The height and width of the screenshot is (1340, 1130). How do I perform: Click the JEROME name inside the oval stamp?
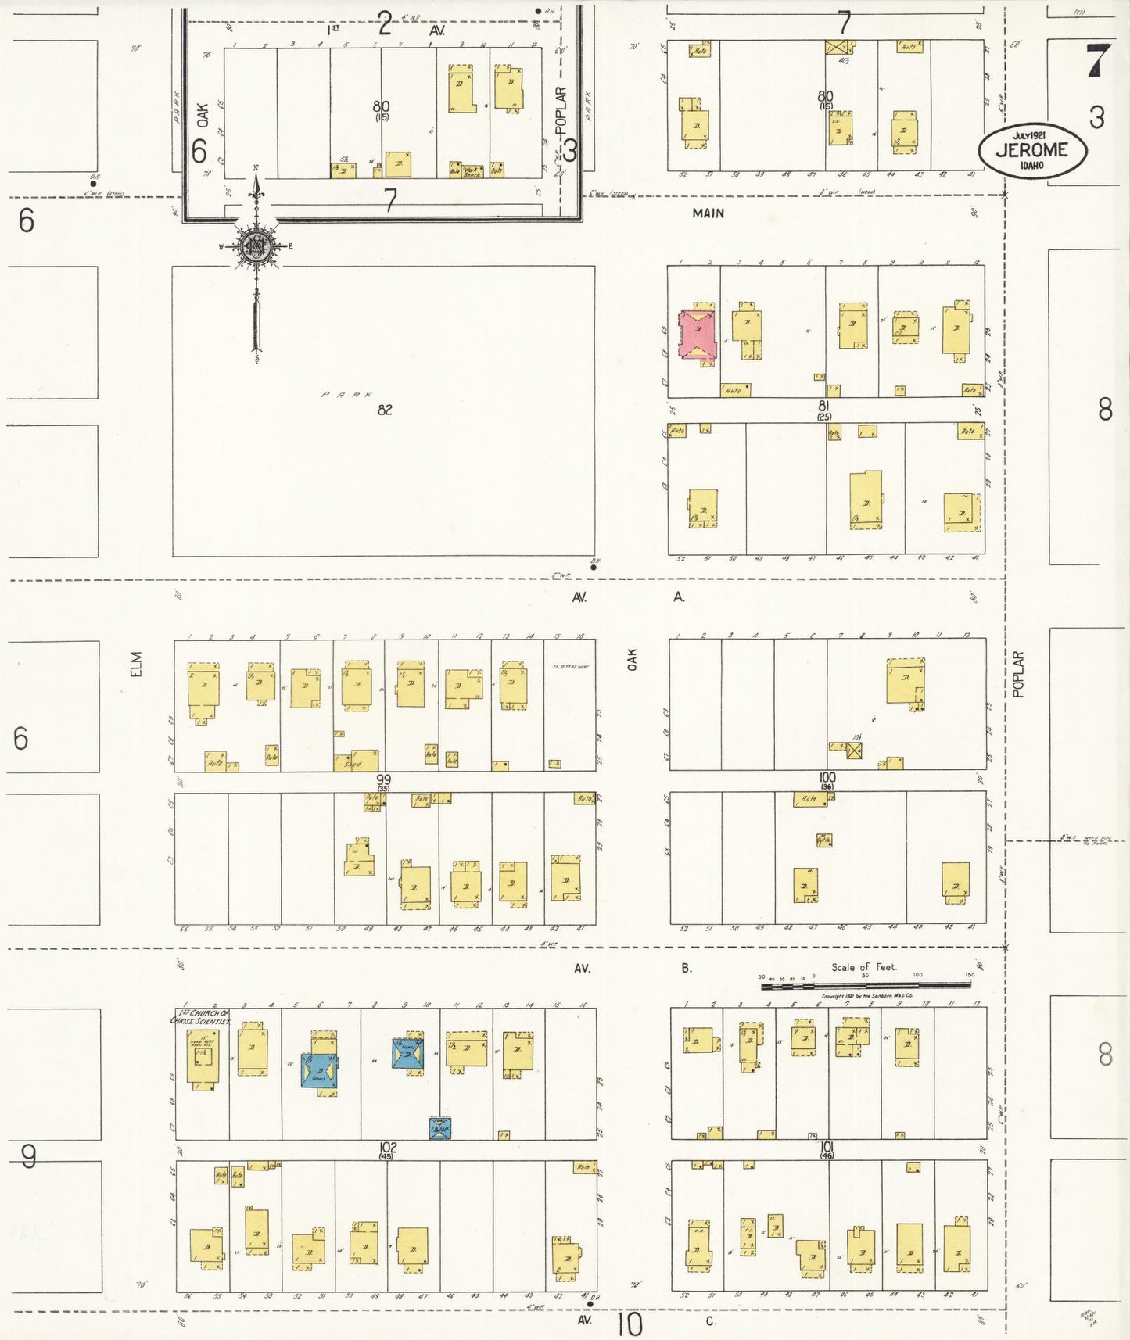[x=1031, y=150]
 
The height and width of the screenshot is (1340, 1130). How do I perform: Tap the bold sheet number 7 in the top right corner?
[x=1098, y=61]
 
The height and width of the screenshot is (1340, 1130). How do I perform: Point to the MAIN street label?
[x=708, y=213]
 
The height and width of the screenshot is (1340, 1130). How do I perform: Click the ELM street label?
[x=137, y=664]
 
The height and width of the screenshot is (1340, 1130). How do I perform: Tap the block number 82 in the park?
[x=385, y=410]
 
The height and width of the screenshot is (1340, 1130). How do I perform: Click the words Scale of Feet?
[x=863, y=967]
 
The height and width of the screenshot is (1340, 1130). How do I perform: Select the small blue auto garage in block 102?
[x=439, y=1128]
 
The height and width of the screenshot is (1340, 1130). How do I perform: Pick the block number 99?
[x=383, y=779]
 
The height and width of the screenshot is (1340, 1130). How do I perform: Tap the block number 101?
[x=827, y=1147]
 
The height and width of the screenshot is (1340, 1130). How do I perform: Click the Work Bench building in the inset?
[x=473, y=170]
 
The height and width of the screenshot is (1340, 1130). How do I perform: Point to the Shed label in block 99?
[x=353, y=764]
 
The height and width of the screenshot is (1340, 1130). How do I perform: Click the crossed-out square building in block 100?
[x=854, y=751]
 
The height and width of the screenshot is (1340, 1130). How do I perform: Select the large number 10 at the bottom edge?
[x=629, y=1324]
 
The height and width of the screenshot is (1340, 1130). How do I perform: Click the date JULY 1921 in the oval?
[x=1031, y=135]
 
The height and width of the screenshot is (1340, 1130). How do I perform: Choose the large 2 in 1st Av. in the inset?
[x=384, y=24]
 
